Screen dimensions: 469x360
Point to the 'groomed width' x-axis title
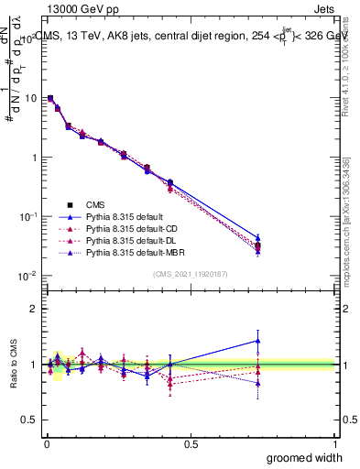coord(305,457)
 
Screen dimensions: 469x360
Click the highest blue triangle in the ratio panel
coord(258,341)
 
